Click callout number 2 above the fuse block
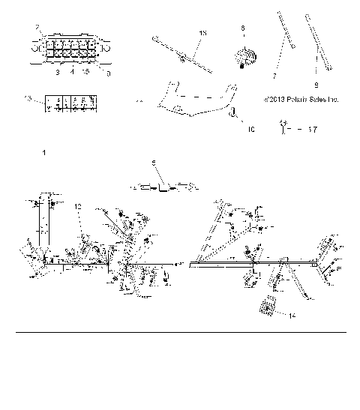click(x=37, y=28)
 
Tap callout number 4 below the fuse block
click(x=73, y=72)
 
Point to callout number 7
click(x=274, y=76)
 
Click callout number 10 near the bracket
click(x=250, y=130)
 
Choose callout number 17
click(x=312, y=130)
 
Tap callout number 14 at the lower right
click(x=292, y=316)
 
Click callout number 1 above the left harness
click(x=44, y=153)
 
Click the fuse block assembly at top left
click(x=70, y=49)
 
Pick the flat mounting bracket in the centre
click(x=196, y=100)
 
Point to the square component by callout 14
click(x=268, y=306)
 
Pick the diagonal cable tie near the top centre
click(x=182, y=50)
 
